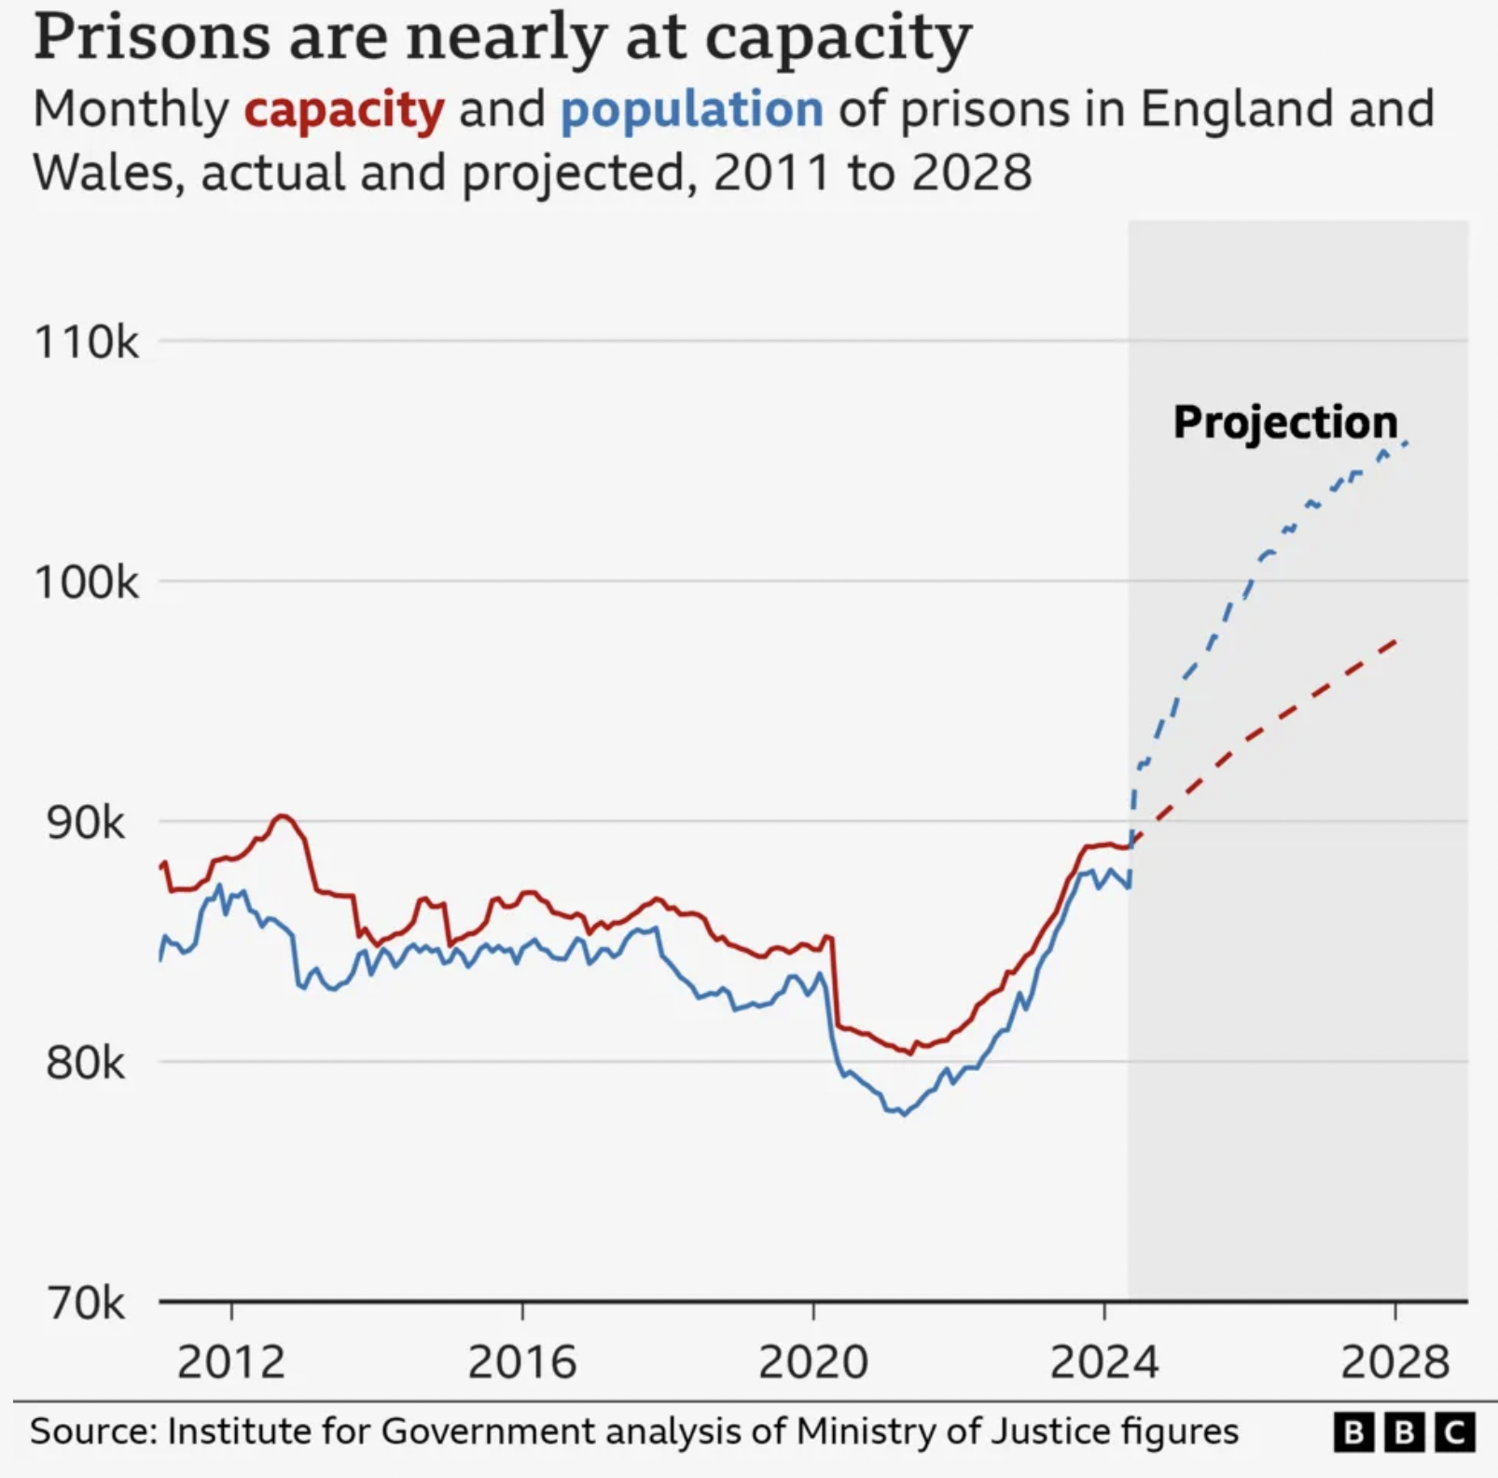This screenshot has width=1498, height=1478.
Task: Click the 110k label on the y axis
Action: coord(86,342)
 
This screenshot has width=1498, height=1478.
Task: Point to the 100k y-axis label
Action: coord(86,582)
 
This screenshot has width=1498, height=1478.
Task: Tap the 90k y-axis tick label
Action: coord(85,823)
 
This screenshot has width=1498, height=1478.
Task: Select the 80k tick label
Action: coord(85,1063)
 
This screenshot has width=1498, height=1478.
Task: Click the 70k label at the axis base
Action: coord(86,1304)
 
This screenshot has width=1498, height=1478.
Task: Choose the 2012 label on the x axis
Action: coord(231,1362)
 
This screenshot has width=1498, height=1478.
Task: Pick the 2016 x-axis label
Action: coord(522,1362)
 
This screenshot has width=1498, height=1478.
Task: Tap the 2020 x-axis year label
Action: coord(813,1362)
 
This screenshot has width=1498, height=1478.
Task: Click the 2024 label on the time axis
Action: coord(1104,1362)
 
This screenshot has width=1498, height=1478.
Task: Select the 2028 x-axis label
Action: coord(1395,1362)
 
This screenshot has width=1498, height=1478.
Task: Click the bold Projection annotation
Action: coord(1285,424)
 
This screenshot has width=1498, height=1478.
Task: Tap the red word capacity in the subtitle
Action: coord(344,111)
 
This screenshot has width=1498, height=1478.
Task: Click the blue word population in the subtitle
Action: coord(692,111)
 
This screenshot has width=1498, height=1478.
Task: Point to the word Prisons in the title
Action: coord(153,37)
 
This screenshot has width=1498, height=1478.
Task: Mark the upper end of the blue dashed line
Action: coord(1407,442)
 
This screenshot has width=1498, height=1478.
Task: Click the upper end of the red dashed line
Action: coord(1396,640)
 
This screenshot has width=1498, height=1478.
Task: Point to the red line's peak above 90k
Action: coord(283,816)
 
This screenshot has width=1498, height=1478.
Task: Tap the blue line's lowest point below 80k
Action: coord(903,1115)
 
